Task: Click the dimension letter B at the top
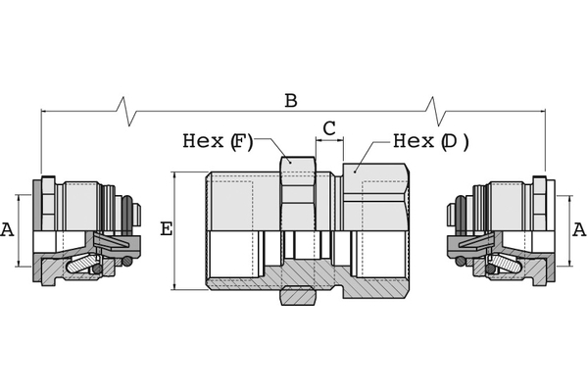[x=290, y=101]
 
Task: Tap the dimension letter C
[x=329, y=128]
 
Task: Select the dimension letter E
[x=166, y=229]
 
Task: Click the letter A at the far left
[x=9, y=230]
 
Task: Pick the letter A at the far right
[x=578, y=229]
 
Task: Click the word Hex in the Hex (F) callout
[x=203, y=141]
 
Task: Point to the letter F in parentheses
[x=241, y=141]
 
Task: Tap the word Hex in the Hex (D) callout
[x=413, y=141]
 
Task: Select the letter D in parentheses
[x=451, y=141]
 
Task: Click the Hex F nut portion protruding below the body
[x=298, y=294]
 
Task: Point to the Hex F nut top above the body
[x=298, y=164]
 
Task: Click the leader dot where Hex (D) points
[x=356, y=169]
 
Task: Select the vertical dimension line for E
[x=175, y=230]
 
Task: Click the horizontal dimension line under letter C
[x=329, y=142]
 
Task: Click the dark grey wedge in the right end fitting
[x=471, y=241]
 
